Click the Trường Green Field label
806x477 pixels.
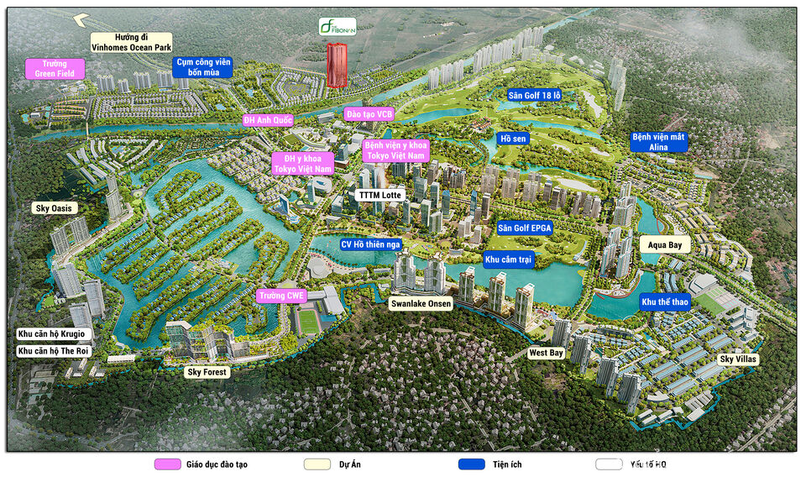pyautogui.click(x=55, y=68)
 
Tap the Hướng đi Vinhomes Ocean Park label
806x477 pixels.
pyautogui.click(x=131, y=43)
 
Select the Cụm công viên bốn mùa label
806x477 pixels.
pyautogui.click(x=201, y=67)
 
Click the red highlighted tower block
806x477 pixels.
pyautogui.click(x=337, y=66)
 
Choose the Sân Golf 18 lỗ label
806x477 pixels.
pyautogui.click(x=534, y=96)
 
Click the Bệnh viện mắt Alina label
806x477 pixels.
pyautogui.click(x=659, y=142)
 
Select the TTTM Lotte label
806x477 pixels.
pyautogui.click(x=379, y=195)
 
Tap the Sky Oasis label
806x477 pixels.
pyautogui.click(x=54, y=207)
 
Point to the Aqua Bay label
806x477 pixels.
pyautogui.click(x=665, y=244)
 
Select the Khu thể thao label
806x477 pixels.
pyautogui.click(x=665, y=301)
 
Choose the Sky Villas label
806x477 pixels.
pyautogui.click(x=738, y=359)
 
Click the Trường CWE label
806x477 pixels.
pyautogui.click(x=280, y=296)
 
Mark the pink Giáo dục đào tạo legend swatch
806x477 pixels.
pyautogui.click(x=168, y=464)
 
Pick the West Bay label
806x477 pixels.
pyautogui.click(x=545, y=354)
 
